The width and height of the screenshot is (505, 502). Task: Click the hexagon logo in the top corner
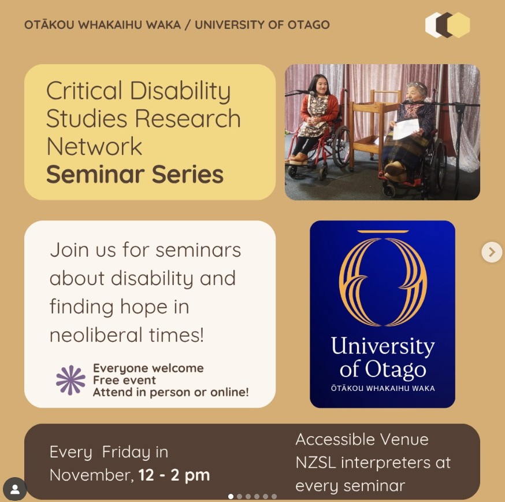tap(447, 25)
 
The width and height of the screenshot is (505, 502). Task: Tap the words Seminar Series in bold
tap(135, 175)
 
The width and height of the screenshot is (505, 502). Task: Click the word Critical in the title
tap(84, 91)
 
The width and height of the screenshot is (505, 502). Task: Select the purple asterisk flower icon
tap(70, 380)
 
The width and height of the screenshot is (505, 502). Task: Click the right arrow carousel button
tap(492, 252)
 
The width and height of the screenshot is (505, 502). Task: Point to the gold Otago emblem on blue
tap(383, 279)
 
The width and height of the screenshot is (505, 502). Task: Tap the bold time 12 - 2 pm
tap(174, 475)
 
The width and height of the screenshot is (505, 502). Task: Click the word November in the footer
tap(91, 475)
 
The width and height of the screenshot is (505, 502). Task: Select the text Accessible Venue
tap(362, 439)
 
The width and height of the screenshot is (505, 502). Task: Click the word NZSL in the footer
tap(315, 463)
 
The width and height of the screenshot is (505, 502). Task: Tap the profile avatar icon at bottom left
tap(14, 489)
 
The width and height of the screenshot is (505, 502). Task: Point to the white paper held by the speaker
tap(406, 128)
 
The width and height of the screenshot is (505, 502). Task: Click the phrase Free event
tap(124, 380)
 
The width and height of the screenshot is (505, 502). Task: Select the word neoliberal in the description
tap(96, 335)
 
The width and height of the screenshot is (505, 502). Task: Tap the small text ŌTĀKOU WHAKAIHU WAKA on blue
tap(383, 388)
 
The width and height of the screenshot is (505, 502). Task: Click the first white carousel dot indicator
tap(231, 497)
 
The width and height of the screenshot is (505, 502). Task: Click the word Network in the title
tap(94, 146)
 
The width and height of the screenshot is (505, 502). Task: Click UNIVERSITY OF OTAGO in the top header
tap(262, 25)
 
